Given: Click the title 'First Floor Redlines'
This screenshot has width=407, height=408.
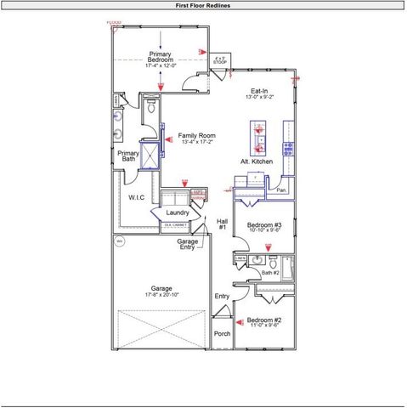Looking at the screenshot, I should tap(203, 5).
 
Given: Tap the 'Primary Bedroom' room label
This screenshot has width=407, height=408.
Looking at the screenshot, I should tap(160, 58).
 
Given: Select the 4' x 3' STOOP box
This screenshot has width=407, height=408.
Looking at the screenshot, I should tap(220, 59).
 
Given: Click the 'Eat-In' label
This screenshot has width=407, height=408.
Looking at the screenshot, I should tap(260, 90).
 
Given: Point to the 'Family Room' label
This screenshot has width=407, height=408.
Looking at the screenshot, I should tap(196, 136).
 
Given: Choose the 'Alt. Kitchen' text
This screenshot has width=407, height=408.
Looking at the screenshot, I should tap(256, 161).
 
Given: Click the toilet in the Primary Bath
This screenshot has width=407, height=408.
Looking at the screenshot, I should tap(150, 108).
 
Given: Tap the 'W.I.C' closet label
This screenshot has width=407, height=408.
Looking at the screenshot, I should tap(137, 197).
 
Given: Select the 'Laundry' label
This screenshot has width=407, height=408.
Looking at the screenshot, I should tap(178, 212).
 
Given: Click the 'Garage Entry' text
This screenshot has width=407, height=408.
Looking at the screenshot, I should tap(188, 244).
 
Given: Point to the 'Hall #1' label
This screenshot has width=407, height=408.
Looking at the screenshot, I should tap(222, 224).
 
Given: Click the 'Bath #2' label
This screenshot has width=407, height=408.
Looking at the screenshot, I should tap(270, 272).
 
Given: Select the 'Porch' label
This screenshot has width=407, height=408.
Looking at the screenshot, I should tap(223, 333).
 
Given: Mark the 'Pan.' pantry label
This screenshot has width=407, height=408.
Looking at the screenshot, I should tap(280, 190).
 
